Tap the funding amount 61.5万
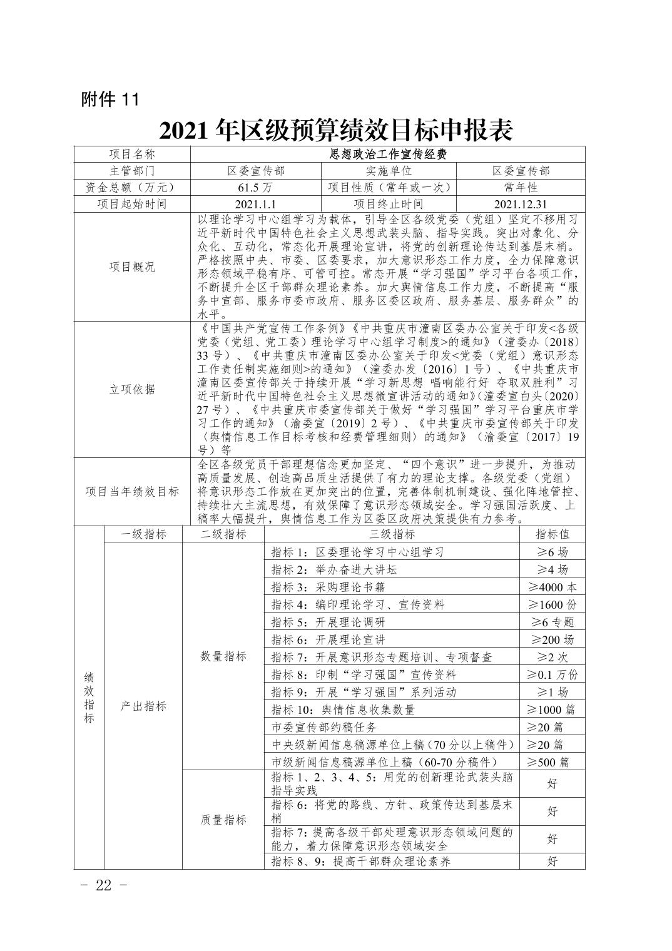click(x=255, y=187)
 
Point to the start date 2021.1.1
click(x=255, y=204)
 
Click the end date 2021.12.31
click(x=520, y=204)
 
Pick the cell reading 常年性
click(x=520, y=187)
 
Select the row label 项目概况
click(x=132, y=267)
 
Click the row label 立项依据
click(x=132, y=389)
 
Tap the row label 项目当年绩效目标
click(x=132, y=491)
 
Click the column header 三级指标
click(x=392, y=534)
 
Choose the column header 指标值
click(x=552, y=534)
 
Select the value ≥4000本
click(x=552, y=587)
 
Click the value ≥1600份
click(x=552, y=604)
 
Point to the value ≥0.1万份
click(x=552, y=674)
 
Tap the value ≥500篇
click(x=552, y=762)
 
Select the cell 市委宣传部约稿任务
click(x=325, y=727)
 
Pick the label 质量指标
click(x=223, y=820)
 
